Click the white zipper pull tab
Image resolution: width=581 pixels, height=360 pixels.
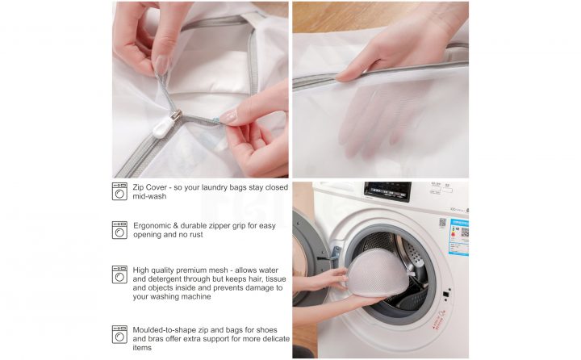click(x=163, y=128)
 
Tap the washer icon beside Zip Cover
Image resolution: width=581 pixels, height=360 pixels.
click(x=119, y=191)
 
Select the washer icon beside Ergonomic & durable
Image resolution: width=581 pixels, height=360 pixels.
click(x=119, y=230)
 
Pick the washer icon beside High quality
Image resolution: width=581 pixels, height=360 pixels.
click(x=119, y=274)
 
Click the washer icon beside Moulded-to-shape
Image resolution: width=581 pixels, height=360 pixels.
click(x=119, y=334)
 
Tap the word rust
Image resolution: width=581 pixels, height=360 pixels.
click(x=196, y=235)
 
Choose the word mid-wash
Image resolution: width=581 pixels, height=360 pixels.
click(x=149, y=196)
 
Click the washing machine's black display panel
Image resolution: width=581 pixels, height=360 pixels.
click(x=387, y=191)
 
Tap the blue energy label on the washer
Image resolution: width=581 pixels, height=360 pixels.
click(x=458, y=237)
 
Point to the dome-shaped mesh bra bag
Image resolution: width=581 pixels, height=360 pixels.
click(x=377, y=274)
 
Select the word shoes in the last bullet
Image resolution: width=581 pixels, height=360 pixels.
click(x=266, y=330)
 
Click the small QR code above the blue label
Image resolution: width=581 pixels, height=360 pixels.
click(x=442, y=223)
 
